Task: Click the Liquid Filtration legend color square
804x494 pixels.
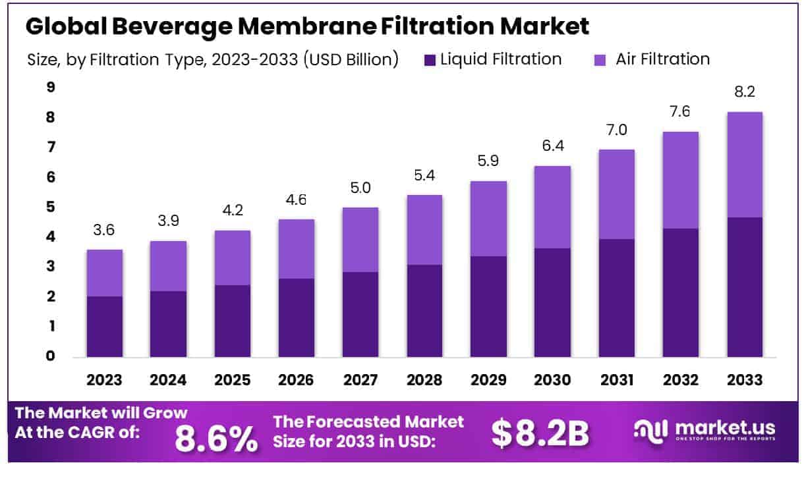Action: point(430,60)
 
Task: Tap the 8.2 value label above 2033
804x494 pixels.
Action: point(745,93)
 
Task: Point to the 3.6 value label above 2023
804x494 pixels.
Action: point(104,231)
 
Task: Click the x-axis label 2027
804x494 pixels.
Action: point(360,380)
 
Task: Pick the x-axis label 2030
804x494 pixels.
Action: point(552,380)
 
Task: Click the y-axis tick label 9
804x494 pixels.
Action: point(50,88)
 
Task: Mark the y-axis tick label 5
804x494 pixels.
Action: point(50,207)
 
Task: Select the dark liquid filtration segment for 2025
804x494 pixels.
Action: point(233,321)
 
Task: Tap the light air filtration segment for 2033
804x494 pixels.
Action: point(745,165)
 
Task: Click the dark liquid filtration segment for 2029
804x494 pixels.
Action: point(488,306)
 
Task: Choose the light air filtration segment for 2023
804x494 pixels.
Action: point(104,273)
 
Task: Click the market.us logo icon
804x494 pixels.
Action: point(651,429)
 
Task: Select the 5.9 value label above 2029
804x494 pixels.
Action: point(488,162)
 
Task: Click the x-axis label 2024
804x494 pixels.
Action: point(168,380)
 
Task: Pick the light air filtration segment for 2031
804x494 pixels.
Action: point(616,194)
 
